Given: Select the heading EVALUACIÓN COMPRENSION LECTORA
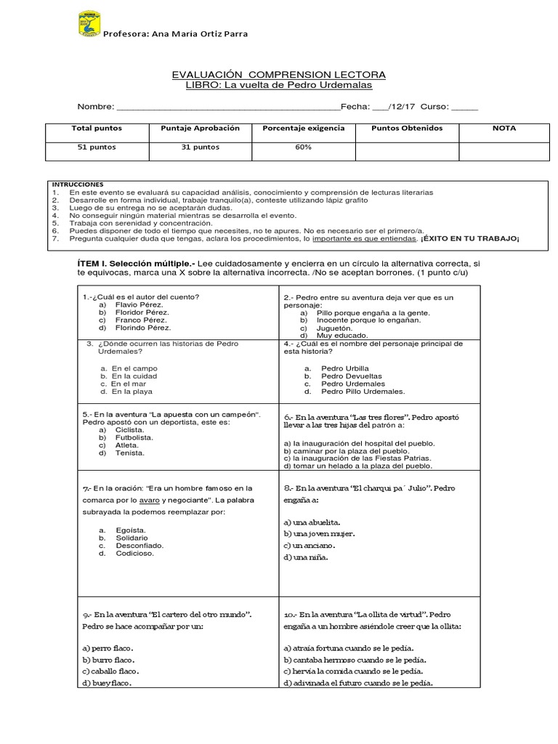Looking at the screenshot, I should (278, 75).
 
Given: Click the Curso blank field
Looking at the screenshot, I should (465, 107).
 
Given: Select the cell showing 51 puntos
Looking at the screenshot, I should (97, 147).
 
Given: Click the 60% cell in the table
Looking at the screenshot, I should (303, 147).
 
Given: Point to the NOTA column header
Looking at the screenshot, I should (504, 129).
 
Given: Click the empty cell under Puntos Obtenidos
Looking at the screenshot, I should (406, 150).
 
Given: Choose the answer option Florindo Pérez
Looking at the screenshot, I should (142, 328).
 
